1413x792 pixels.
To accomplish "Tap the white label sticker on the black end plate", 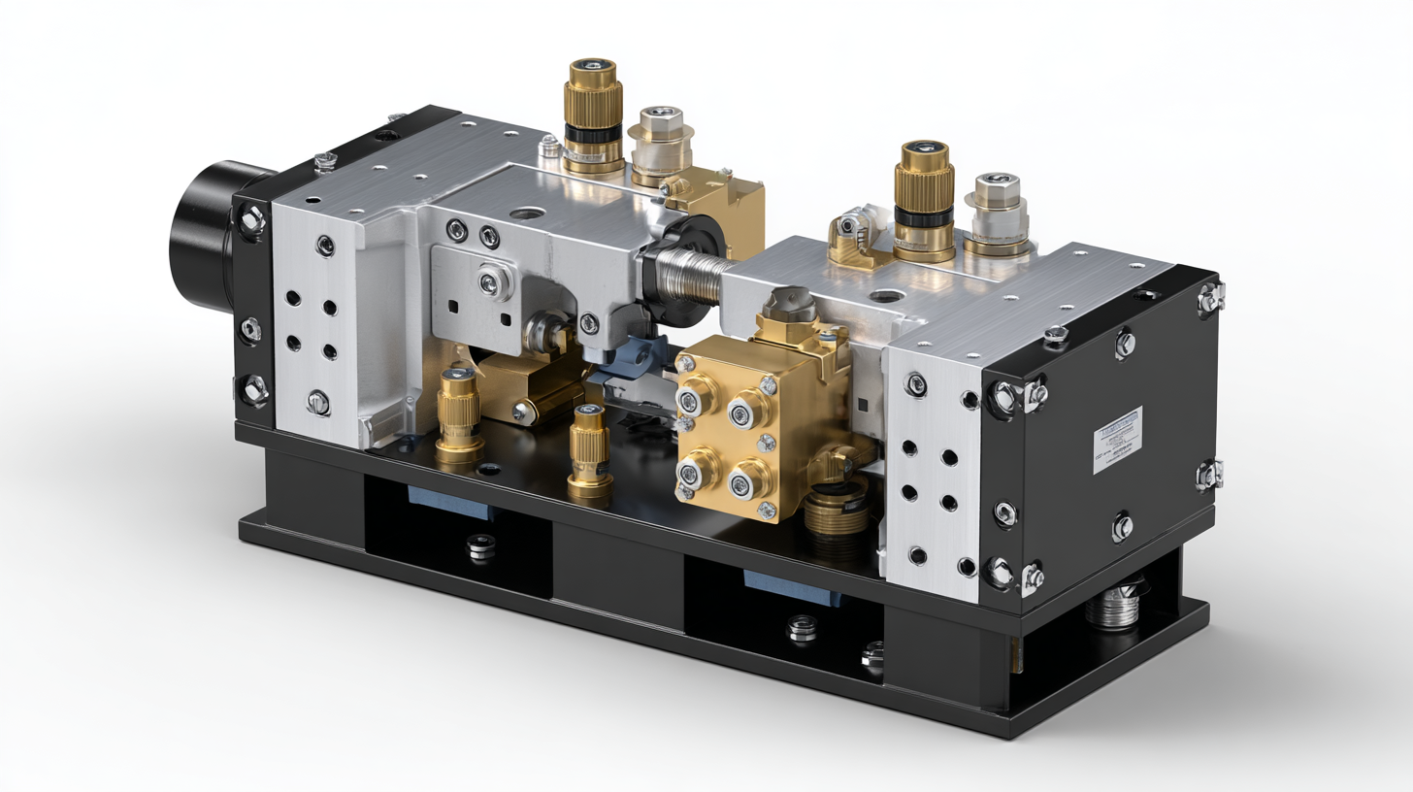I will click(1117, 440).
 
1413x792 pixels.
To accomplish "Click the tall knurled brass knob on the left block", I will click(592, 115).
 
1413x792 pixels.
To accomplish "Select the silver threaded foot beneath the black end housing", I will click(1113, 606).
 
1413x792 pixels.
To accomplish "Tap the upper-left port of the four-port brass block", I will click(696, 395).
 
